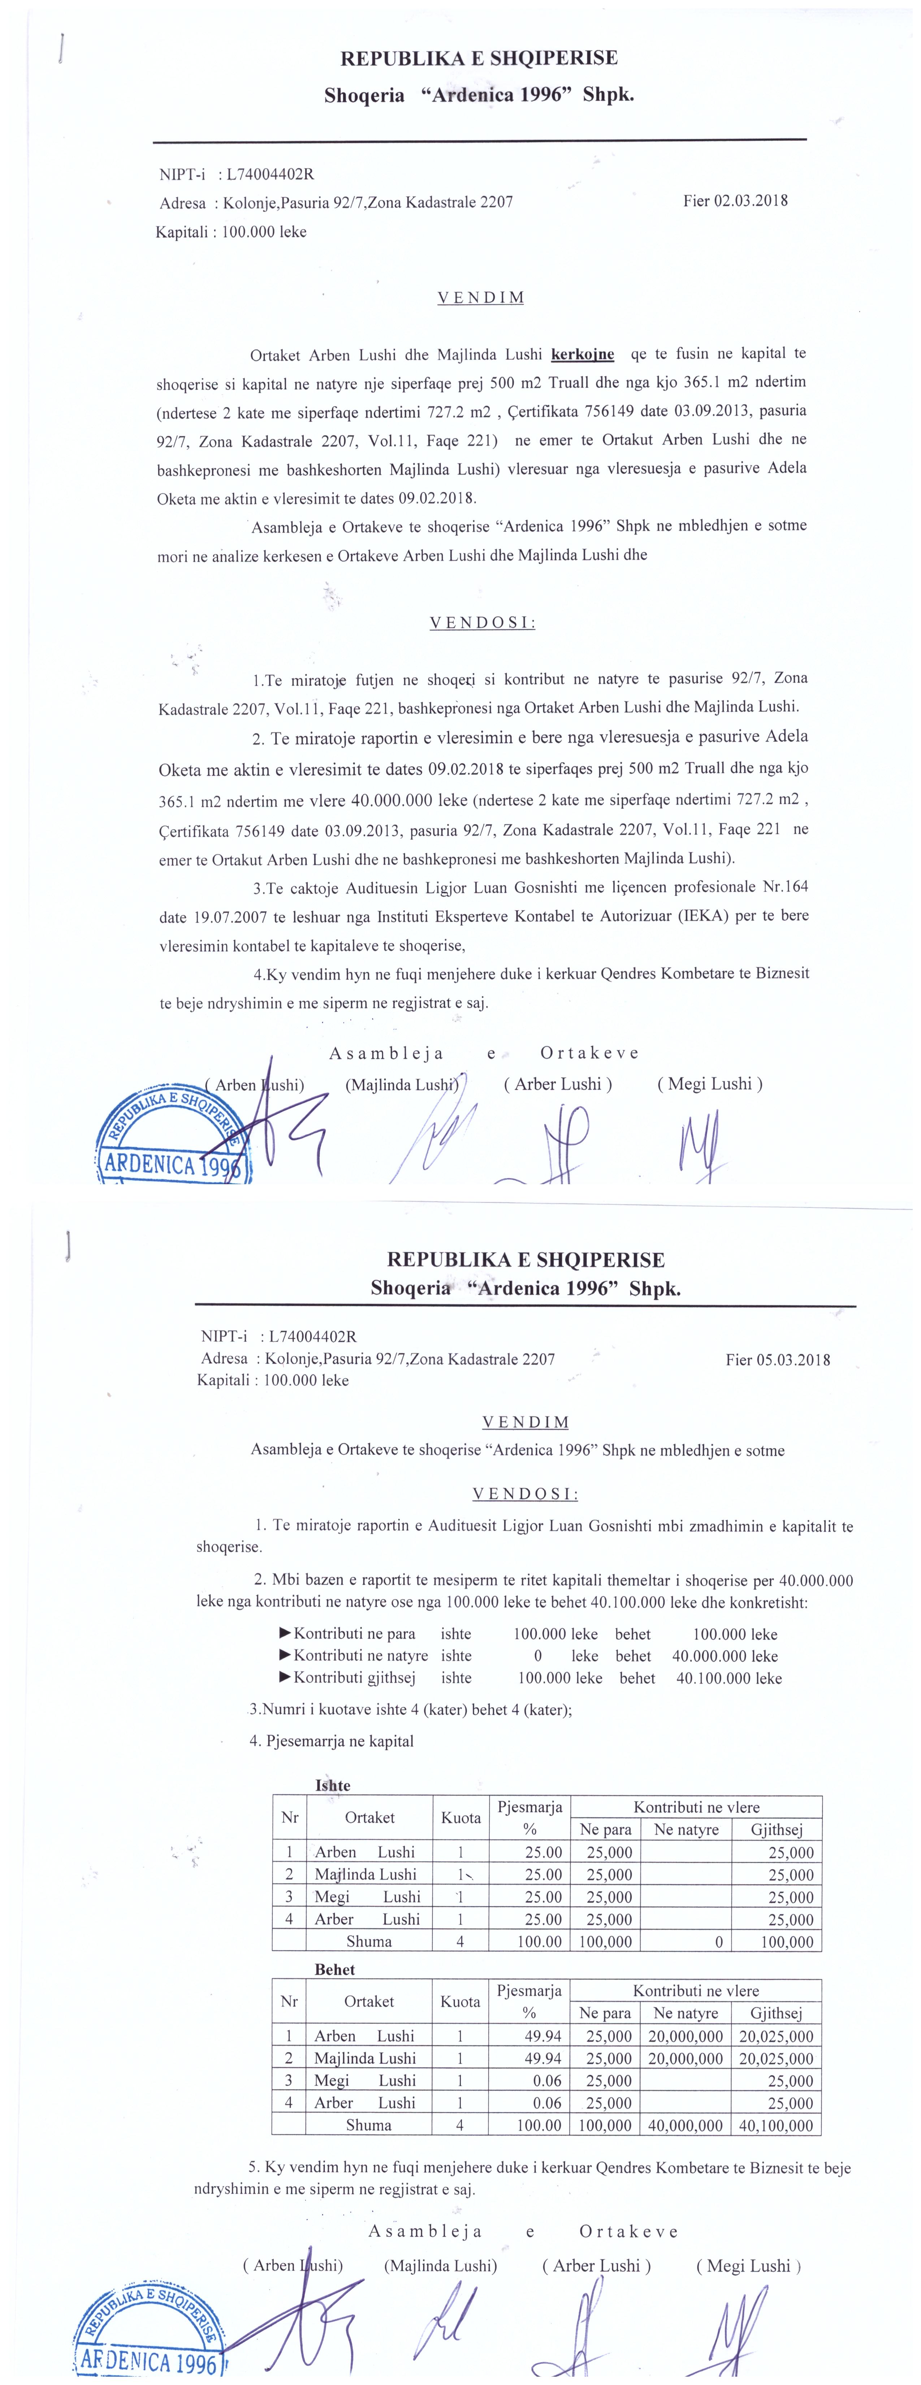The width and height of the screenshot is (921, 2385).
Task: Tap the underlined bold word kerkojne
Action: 582,354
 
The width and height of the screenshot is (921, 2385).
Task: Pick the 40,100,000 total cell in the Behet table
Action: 776,2125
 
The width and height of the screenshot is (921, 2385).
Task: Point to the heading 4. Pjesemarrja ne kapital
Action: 331,1741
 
